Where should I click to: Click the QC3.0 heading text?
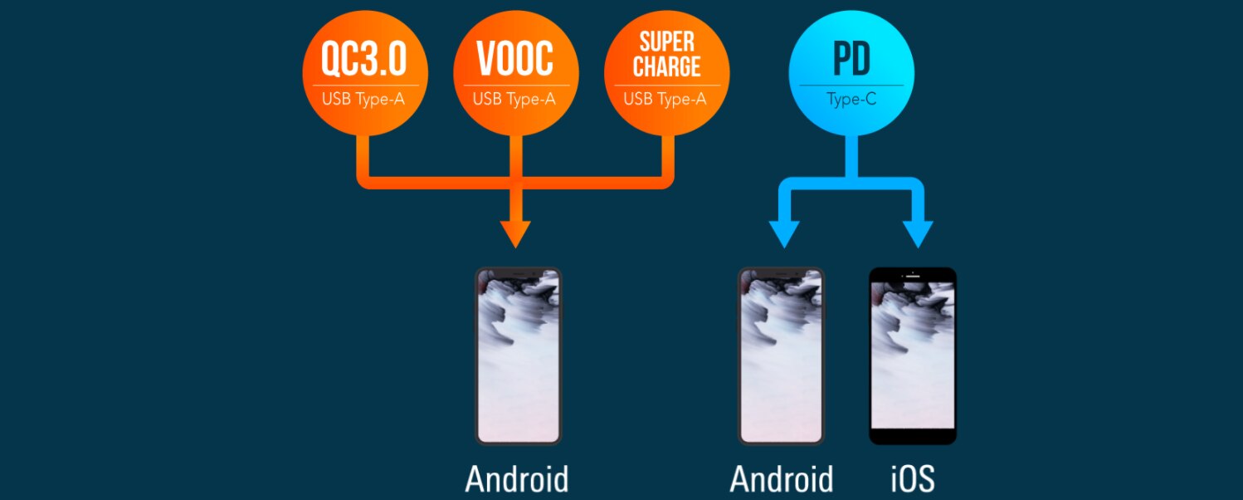364,58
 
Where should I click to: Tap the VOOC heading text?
515,58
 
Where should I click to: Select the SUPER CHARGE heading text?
667,55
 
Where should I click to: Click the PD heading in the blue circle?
851,58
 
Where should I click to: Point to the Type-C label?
851,99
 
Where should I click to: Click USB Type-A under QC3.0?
363,99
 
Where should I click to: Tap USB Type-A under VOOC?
514,99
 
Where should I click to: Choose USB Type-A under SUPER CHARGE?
665,99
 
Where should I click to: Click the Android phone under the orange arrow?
519,356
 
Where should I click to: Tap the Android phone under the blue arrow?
782,356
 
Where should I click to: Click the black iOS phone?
913,356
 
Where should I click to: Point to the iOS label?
913,479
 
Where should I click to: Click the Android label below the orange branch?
517,479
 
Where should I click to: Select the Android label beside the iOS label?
782,479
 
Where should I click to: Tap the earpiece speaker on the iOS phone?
912,276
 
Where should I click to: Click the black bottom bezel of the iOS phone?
913,437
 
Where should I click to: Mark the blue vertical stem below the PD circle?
851,157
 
